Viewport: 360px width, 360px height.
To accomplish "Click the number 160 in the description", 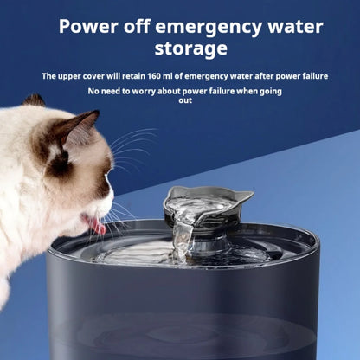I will (176, 76).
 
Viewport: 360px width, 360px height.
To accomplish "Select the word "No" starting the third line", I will (93, 91).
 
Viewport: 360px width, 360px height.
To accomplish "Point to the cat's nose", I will (111, 204).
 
